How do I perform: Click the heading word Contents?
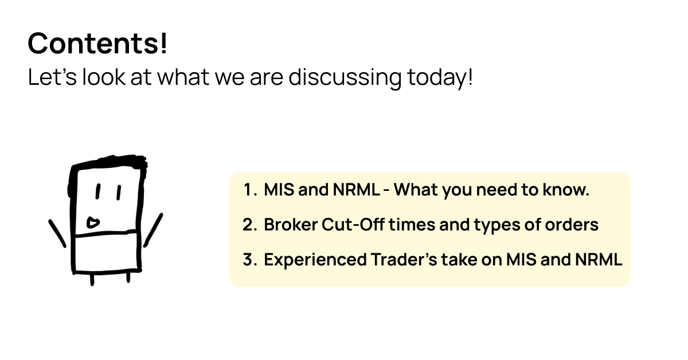97,44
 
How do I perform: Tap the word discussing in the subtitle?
345,78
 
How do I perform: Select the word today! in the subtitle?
440,78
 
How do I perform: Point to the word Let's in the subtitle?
52,77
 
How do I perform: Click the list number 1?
250,190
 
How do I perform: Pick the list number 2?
249,225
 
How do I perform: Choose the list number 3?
249,260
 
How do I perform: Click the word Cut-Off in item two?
353,225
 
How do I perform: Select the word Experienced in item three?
315,260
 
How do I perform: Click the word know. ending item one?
566,190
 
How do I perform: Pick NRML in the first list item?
356,190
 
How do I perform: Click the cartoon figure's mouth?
93,222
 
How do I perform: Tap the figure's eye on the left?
98,191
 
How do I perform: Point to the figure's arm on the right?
153,230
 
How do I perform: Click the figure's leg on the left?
92,280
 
